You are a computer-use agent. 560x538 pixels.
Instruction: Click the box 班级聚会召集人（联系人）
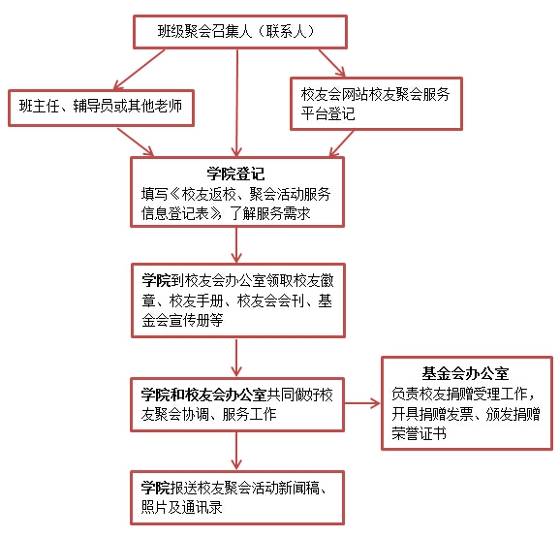pos(238,32)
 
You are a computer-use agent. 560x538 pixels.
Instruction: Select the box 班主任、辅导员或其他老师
pos(101,107)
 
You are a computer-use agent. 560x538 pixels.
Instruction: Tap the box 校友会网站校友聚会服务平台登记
pos(377,104)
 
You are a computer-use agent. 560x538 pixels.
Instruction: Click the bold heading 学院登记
pos(236,174)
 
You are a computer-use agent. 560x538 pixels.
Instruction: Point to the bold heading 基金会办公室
pos(465,372)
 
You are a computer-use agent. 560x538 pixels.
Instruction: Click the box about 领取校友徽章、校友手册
pos(237,300)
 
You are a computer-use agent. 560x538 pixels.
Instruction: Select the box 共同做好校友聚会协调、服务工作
pos(237,403)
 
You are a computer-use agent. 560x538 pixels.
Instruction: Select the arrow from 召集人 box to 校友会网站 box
pos(330,61)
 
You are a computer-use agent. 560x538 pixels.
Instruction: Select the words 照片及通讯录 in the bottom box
pos(179,506)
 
